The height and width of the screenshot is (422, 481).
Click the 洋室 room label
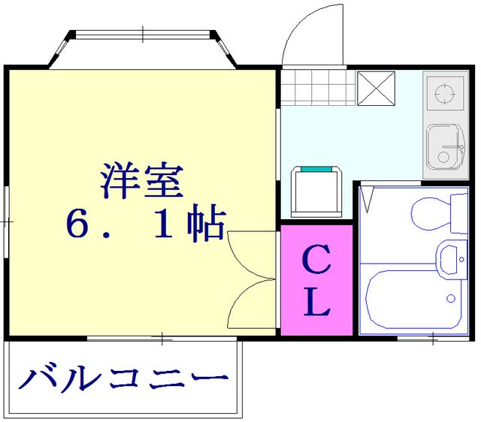[142, 180]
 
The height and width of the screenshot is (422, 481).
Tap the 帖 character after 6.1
[207, 225]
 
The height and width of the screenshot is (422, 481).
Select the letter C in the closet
[317, 262]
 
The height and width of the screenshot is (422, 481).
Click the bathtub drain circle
[451, 298]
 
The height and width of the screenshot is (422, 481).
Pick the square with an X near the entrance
[375, 88]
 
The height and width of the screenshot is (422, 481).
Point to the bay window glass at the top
[143, 35]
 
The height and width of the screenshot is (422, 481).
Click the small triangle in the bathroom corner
[368, 199]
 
